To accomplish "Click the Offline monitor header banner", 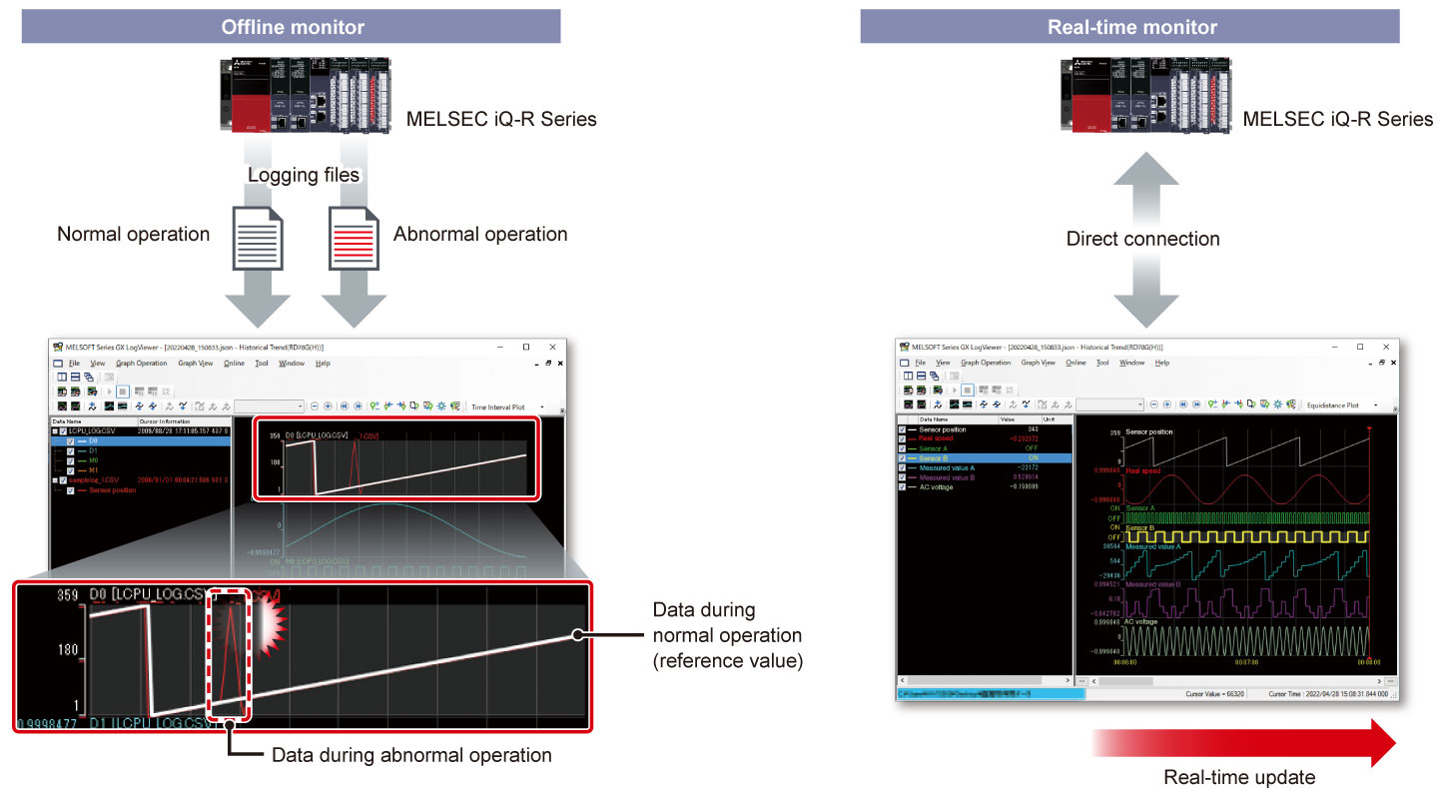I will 291,27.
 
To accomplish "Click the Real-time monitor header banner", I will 1131,27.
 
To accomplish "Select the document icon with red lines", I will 354,238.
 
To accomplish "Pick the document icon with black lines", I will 257,238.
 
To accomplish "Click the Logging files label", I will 304,175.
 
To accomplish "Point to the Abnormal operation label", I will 480,235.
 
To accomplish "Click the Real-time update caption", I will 1239,777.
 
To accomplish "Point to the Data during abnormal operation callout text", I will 411,755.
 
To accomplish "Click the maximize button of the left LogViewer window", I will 526,347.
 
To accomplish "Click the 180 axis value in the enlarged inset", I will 67,650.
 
